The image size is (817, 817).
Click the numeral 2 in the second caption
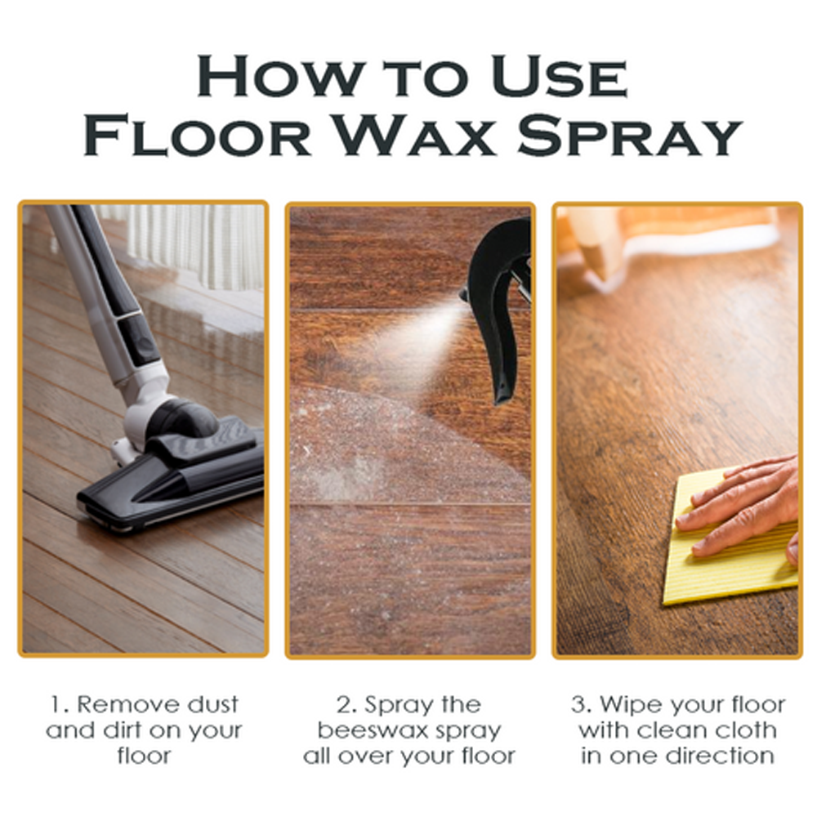pos(343,705)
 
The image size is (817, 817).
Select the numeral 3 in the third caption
pos(577,705)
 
